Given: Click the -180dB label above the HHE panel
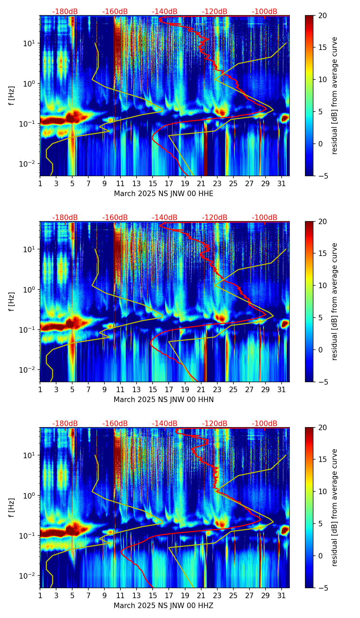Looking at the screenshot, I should click(x=65, y=12).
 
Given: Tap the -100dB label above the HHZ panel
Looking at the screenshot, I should click(x=265, y=424).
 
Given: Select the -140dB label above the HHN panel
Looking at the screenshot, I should click(x=165, y=218).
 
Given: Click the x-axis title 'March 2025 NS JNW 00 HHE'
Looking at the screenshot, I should click(x=164, y=194).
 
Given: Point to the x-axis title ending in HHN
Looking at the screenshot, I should click(x=164, y=400).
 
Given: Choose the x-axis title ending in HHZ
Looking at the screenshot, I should click(x=164, y=606).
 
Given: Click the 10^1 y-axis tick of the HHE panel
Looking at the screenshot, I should click(x=30, y=43).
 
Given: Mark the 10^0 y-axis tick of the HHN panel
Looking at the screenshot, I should click(x=30, y=290).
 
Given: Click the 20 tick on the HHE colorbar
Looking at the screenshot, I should click(x=322, y=16).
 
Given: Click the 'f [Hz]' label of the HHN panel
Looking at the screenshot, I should click(x=12, y=301).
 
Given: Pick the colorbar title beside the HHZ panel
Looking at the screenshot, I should click(x=334, y=507).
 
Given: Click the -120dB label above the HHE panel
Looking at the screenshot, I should click(x=215, y=12).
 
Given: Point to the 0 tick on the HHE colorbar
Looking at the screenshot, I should click(x=320, y=144).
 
